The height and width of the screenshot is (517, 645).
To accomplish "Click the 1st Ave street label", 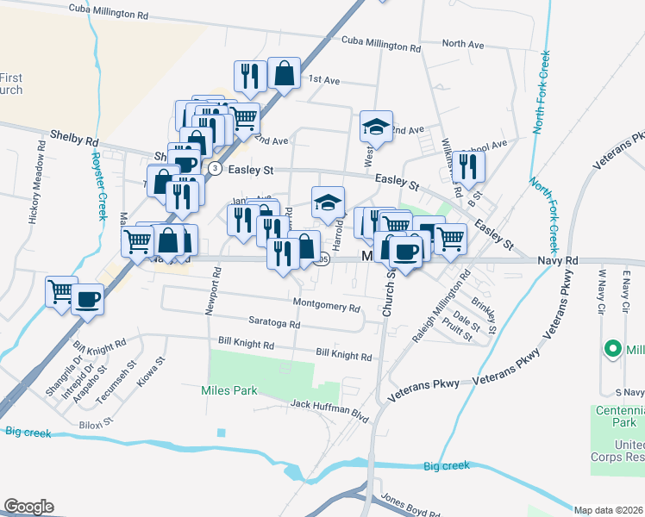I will [324, 80].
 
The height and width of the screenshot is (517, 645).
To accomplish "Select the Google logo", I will [28, 507].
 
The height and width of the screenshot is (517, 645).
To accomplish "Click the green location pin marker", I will [613, 349].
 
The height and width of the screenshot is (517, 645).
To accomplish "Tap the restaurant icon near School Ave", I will [467, 164].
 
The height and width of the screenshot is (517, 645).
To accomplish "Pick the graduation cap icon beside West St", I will [376, 126].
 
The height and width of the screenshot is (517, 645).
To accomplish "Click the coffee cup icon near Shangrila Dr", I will [88, 299].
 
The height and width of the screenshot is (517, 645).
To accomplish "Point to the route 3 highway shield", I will [213, 167].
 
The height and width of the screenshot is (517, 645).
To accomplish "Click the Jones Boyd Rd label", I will [410, 505].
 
